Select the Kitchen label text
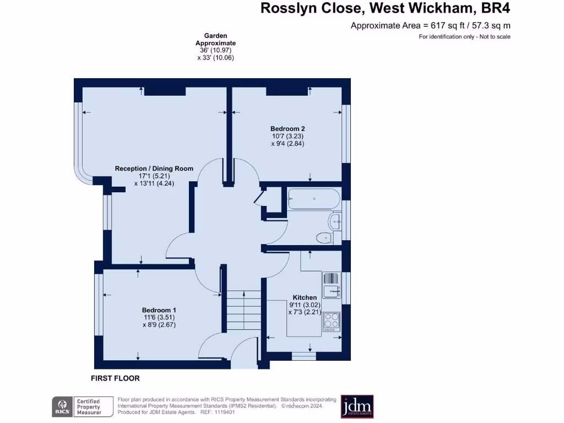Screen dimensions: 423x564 305,297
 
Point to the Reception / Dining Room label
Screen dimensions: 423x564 154,169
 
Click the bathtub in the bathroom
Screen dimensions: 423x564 313,199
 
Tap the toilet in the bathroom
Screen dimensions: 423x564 324,238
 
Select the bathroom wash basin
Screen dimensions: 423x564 334,223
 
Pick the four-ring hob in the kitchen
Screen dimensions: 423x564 332,320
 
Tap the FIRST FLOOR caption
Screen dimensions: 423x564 115,378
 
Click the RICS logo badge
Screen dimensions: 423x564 61,406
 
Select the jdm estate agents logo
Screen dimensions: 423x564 357,406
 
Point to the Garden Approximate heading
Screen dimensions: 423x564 215,39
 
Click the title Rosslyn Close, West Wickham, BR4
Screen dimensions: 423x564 385,8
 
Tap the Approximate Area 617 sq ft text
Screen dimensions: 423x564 430,25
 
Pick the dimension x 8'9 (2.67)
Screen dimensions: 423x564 159,324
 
